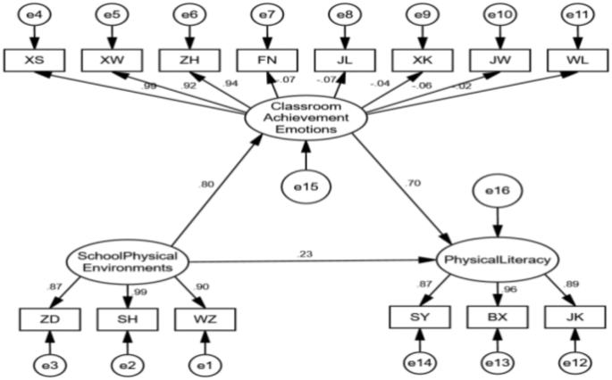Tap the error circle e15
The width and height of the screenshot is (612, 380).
(x=307, y=186)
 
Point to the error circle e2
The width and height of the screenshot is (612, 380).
(x=131, y=363)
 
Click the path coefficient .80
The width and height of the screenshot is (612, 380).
(x=208, y=186)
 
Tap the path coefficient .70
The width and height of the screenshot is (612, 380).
(x=412, y=183)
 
